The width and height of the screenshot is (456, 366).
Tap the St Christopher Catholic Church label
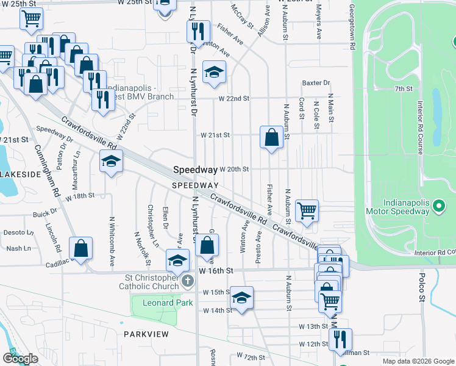point(148,281)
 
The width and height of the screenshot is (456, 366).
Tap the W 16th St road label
point(216,270)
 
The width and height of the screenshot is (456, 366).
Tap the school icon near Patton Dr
point(111,162)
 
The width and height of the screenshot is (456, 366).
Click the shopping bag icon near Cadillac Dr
point(81,248)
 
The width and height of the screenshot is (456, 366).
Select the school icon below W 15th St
point(242,298)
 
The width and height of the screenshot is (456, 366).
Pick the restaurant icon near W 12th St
point(340,339)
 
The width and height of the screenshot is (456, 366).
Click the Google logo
point(20,359)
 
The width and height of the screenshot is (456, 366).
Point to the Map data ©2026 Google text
point(418,361)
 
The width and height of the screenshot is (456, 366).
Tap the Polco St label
point(421,288)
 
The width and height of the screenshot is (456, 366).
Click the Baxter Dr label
point(316,83)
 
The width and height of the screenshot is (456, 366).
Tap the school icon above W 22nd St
point(214,73)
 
